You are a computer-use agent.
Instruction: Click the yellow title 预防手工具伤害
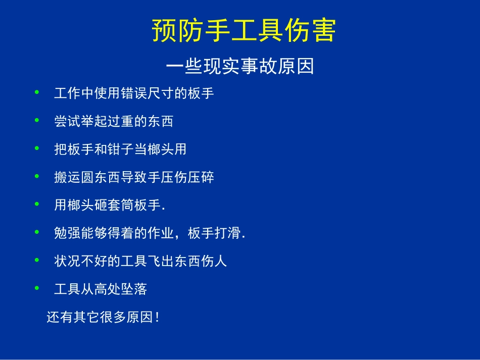244,31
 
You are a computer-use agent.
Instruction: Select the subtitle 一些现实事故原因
240,66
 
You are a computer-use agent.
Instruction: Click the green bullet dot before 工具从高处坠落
36,288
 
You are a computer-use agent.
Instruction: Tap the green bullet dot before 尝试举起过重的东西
36,120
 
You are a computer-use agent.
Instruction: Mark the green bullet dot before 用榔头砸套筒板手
36,204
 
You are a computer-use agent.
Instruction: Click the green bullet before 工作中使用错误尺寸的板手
36,92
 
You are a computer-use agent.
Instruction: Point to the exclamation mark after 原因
158,318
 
